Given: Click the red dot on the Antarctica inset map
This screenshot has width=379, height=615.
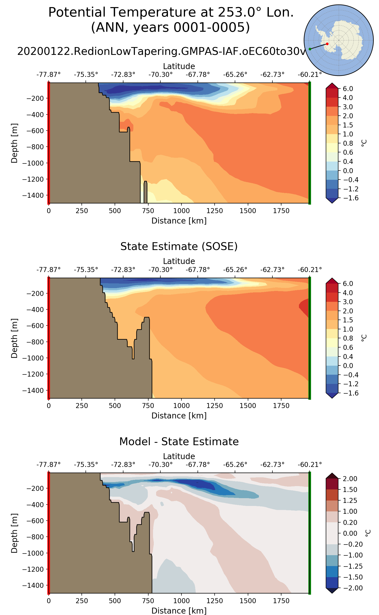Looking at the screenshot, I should [x=327, y=44].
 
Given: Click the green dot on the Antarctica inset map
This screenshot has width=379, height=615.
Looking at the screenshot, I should [x=310, y=49].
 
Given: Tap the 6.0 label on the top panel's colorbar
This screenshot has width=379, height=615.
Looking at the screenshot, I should [x=348, y=89].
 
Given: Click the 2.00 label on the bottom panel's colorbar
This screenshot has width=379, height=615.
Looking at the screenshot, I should [x=350, y=479].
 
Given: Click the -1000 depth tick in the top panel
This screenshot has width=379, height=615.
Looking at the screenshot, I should [x=33, y=163].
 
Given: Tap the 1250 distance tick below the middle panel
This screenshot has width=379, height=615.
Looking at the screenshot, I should [x=215, y=406].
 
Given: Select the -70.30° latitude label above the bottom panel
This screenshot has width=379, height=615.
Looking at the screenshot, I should [x=160, y=465].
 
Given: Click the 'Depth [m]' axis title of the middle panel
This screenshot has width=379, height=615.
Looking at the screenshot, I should [x=14, y=338].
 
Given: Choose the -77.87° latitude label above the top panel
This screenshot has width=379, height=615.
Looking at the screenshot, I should [x=48, y=75].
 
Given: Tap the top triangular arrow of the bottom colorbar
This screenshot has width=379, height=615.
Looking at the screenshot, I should [x=332, y=476].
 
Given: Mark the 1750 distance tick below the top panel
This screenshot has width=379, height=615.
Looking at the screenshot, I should [x=281, y=211].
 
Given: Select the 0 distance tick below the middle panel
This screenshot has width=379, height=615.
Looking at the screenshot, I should [x=49, y=406].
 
